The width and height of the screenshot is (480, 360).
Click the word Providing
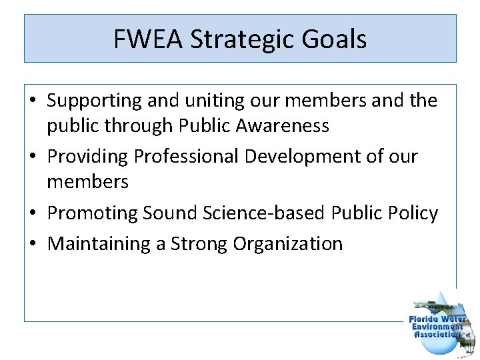coord(88,157)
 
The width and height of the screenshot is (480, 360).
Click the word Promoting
coord(92,213)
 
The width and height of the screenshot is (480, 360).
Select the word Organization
coord(288,243)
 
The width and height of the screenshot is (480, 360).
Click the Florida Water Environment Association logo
coord(439,323)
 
